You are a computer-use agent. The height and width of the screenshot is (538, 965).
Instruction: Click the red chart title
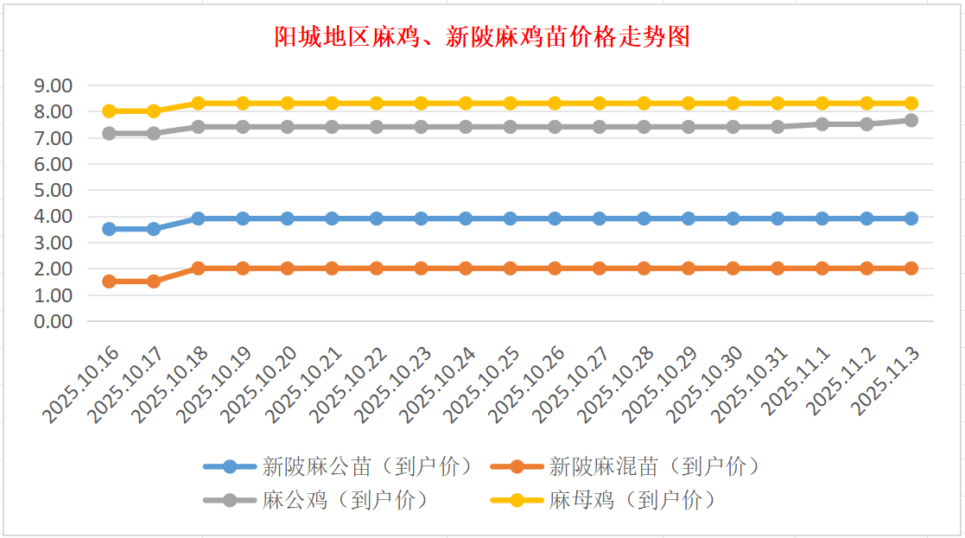click(482, 37)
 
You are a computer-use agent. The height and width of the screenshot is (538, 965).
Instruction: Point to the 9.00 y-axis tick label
click(53, 85)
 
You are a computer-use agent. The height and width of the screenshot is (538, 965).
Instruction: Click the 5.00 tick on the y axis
click(53, 190)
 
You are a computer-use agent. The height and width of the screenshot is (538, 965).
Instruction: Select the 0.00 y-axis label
click(53, 321)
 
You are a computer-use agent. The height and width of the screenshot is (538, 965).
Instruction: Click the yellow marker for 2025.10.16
click(109, 111)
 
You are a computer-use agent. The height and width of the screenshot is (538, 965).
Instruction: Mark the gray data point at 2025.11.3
click(911, 121)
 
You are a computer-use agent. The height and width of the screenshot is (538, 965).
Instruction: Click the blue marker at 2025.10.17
click(154, 229)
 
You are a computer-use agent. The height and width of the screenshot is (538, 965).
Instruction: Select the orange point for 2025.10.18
click(198, 269)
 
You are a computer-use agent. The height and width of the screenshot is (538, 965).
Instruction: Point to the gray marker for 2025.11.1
click(822, 124)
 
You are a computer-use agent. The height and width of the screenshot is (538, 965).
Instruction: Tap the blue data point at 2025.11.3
click(911, 218)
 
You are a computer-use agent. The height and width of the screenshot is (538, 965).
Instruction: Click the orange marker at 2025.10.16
click(109, 282)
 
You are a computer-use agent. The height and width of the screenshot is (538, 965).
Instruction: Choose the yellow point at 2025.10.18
click(198, 104)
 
